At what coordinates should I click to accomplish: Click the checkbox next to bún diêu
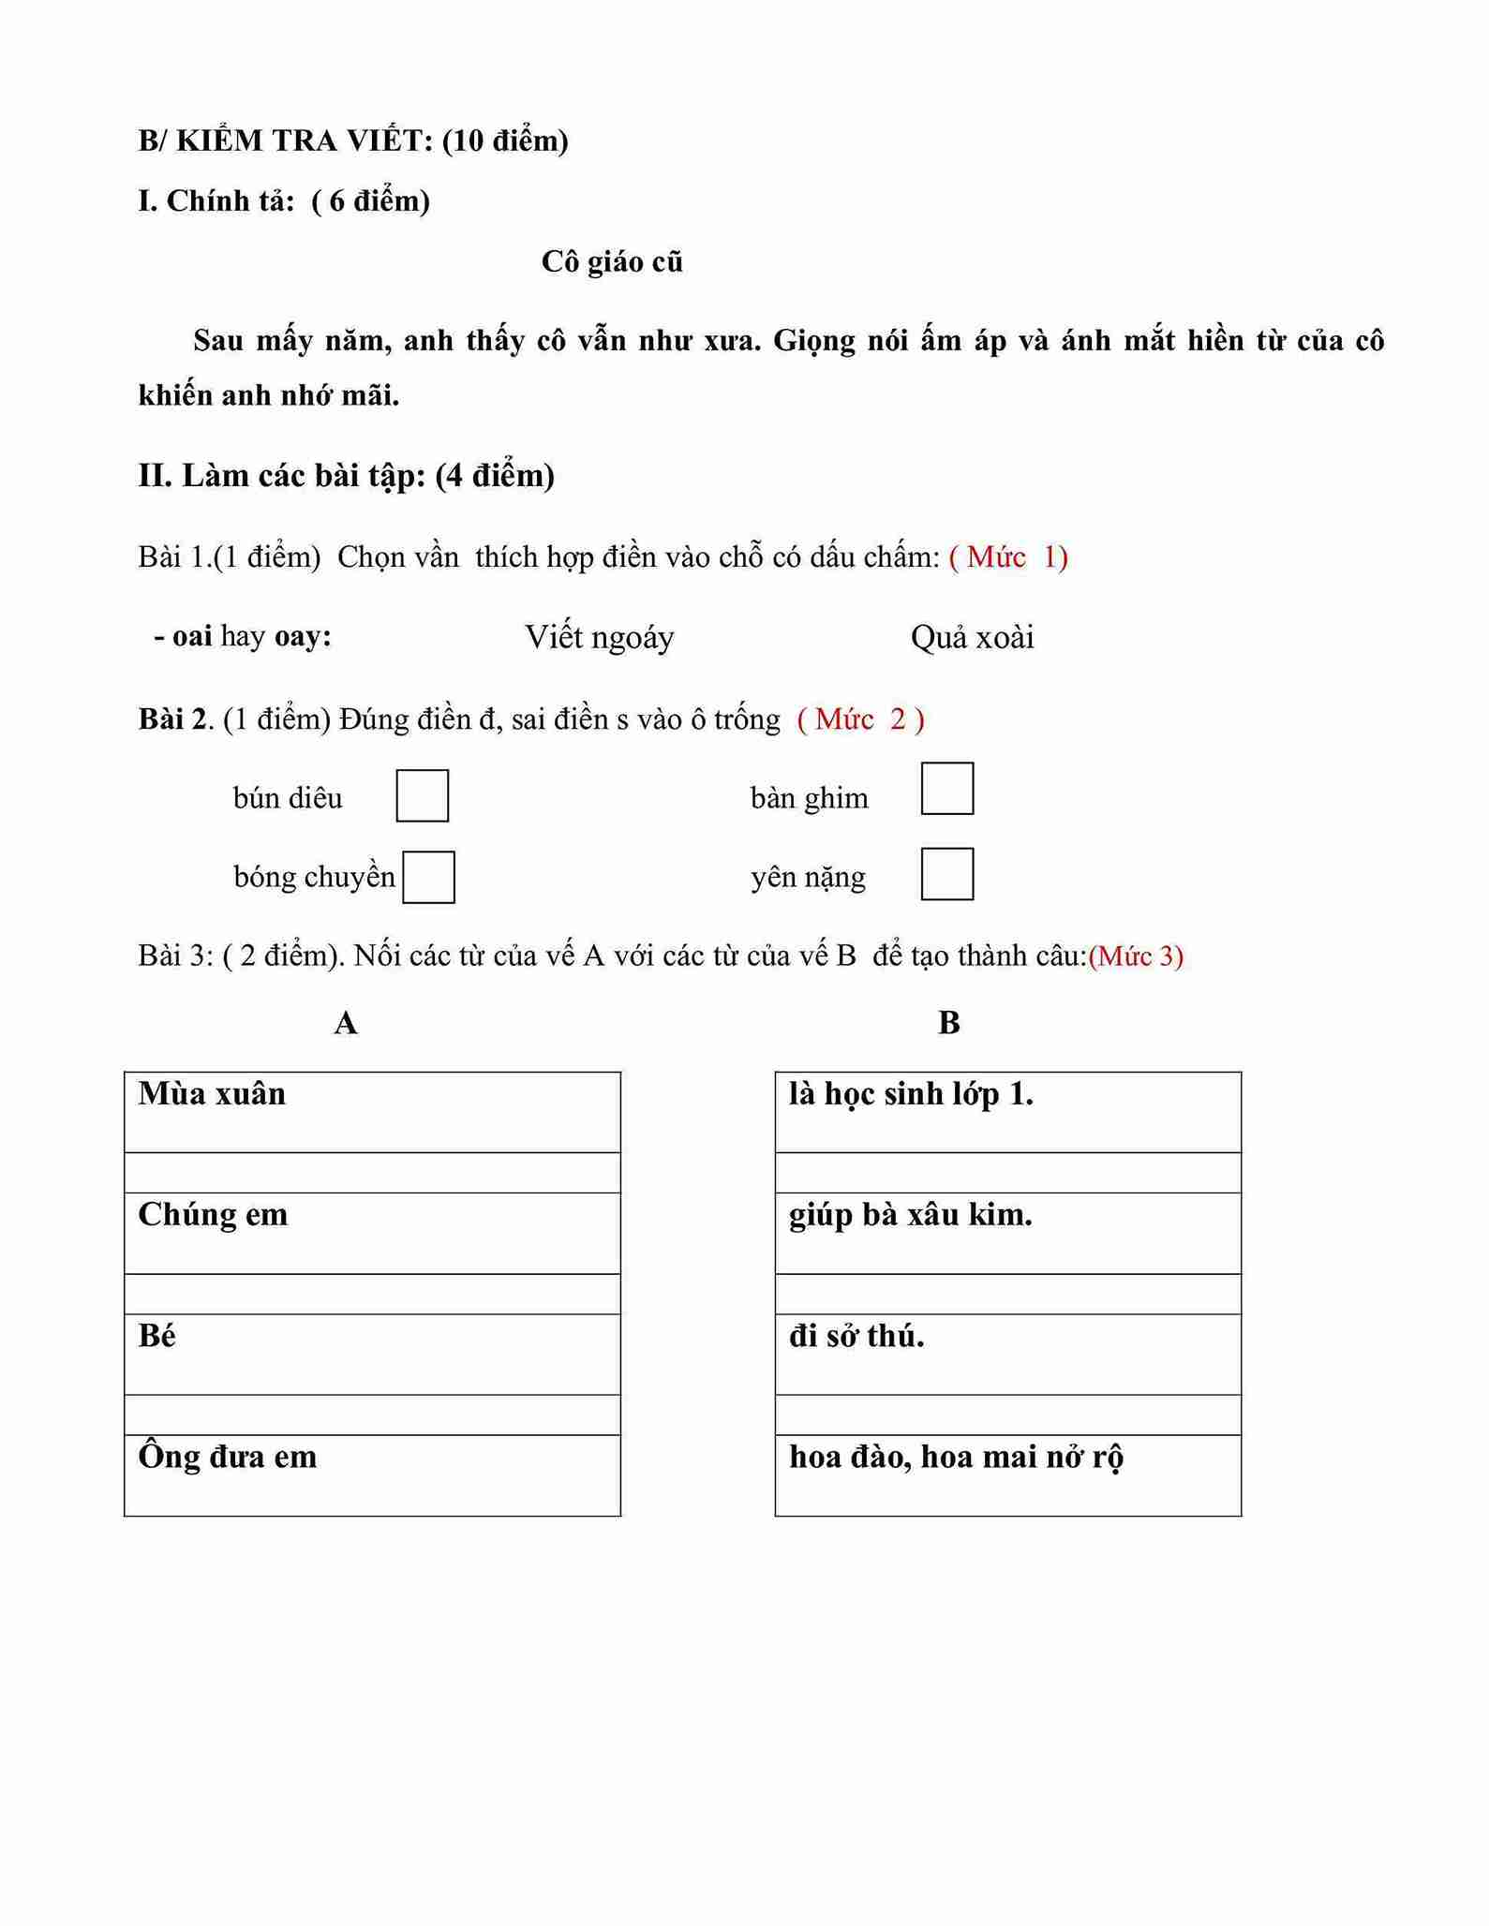(x=422, y=795)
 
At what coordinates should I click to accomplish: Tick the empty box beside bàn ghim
(x=946, y=788)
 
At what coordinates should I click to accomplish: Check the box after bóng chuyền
(x=428, y=877)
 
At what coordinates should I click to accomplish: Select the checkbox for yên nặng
(x=946, y=873)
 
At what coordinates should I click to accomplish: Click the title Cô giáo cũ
(x=612, y=262)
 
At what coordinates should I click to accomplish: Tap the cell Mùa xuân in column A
(x=372, y=1111)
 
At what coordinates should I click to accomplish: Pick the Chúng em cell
(x=372, y=1232)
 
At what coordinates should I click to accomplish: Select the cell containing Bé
(x=372, y=1353)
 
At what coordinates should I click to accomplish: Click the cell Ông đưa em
(x=372, y=1474)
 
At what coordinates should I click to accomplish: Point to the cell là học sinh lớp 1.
(x=1007, y=1111)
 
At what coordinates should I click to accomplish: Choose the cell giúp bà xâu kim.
(x=1007, y=1232)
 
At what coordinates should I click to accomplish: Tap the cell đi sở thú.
(x=1007, y=1353)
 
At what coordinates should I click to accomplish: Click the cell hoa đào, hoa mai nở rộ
(x=1007, y=1474)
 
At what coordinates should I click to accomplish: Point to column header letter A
(x=346, y=1023)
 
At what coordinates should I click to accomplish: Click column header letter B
(x=948, y=1023)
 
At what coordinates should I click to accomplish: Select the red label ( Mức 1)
(x=1008, y=557)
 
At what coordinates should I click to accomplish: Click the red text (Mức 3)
(x=1136, y=956)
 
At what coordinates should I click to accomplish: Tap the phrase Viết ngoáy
(x=599, y=638)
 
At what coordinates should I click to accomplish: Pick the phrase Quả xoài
(x=972, y=638)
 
